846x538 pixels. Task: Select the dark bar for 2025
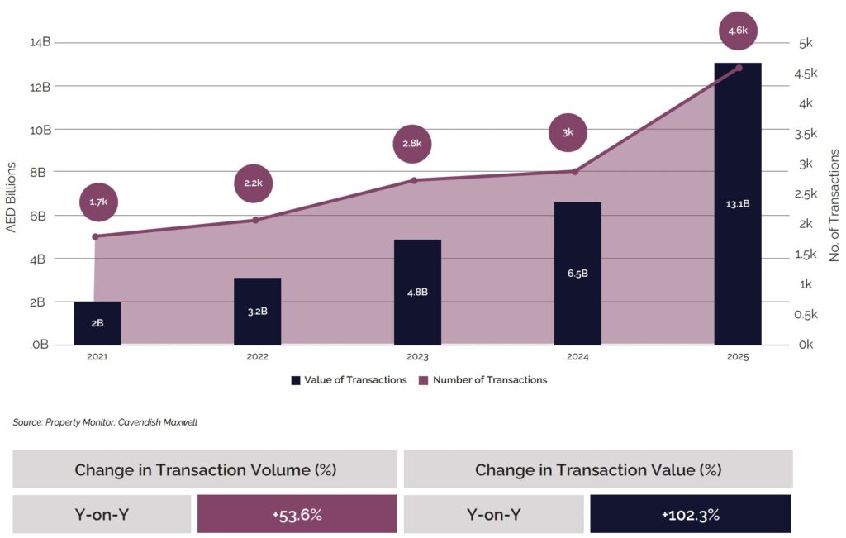pyautogui.click(x=737, y=203)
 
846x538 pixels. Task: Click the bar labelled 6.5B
pyautogui.click(x=577, y=273)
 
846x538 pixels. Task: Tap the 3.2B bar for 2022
pyautogui.click(x=257, y=312)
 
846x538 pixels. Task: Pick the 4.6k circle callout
pyautogui.click(x=737, y=31)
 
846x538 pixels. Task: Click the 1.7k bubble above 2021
pyautogui.click(x=98, y=202)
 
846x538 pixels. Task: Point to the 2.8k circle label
pyautogui.click(x=412, y=144)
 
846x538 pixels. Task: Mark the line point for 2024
pyautogui.click(x=575, y=171)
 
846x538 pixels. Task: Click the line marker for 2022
pyautogui.click(x=255, y=220)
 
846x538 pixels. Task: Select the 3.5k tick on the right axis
pyautogui.click(x=806, y=134)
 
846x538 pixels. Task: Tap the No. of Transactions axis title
pyautogui.click(x=834, y=205)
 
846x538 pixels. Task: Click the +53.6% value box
pyautogui.click(x=297, y=515)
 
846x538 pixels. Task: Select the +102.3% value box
pyautogui.click(x=690, y=515)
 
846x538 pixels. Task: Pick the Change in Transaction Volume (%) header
pyautogui.click(x=205, y=469)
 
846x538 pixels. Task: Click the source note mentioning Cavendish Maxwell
pyautogui.click(x=105, y=422)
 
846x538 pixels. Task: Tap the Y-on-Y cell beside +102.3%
pyautogui.click(x=493, y=515)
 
